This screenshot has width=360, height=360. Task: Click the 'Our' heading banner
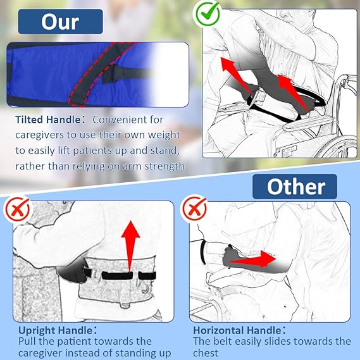click(60, 22)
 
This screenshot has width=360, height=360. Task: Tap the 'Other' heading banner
click(295, 187)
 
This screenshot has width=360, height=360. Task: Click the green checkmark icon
click(208, 13)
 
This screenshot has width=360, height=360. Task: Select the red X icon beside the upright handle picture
click(18, 209)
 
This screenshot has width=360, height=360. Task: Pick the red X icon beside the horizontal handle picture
click(195, 208)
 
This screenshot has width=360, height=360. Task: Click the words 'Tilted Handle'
click(47, 120)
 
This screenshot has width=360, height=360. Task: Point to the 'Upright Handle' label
click(55, 331)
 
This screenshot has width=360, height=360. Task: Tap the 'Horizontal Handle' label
click(237, 331)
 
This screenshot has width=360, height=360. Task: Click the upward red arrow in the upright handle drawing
click(130, 246)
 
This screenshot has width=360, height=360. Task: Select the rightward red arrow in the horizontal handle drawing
click(252, 259)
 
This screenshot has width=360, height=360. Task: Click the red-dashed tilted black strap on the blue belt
click(101, 73)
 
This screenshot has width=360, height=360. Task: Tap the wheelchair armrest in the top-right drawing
click(308, 123)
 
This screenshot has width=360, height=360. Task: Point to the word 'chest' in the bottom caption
click(206, 353)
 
